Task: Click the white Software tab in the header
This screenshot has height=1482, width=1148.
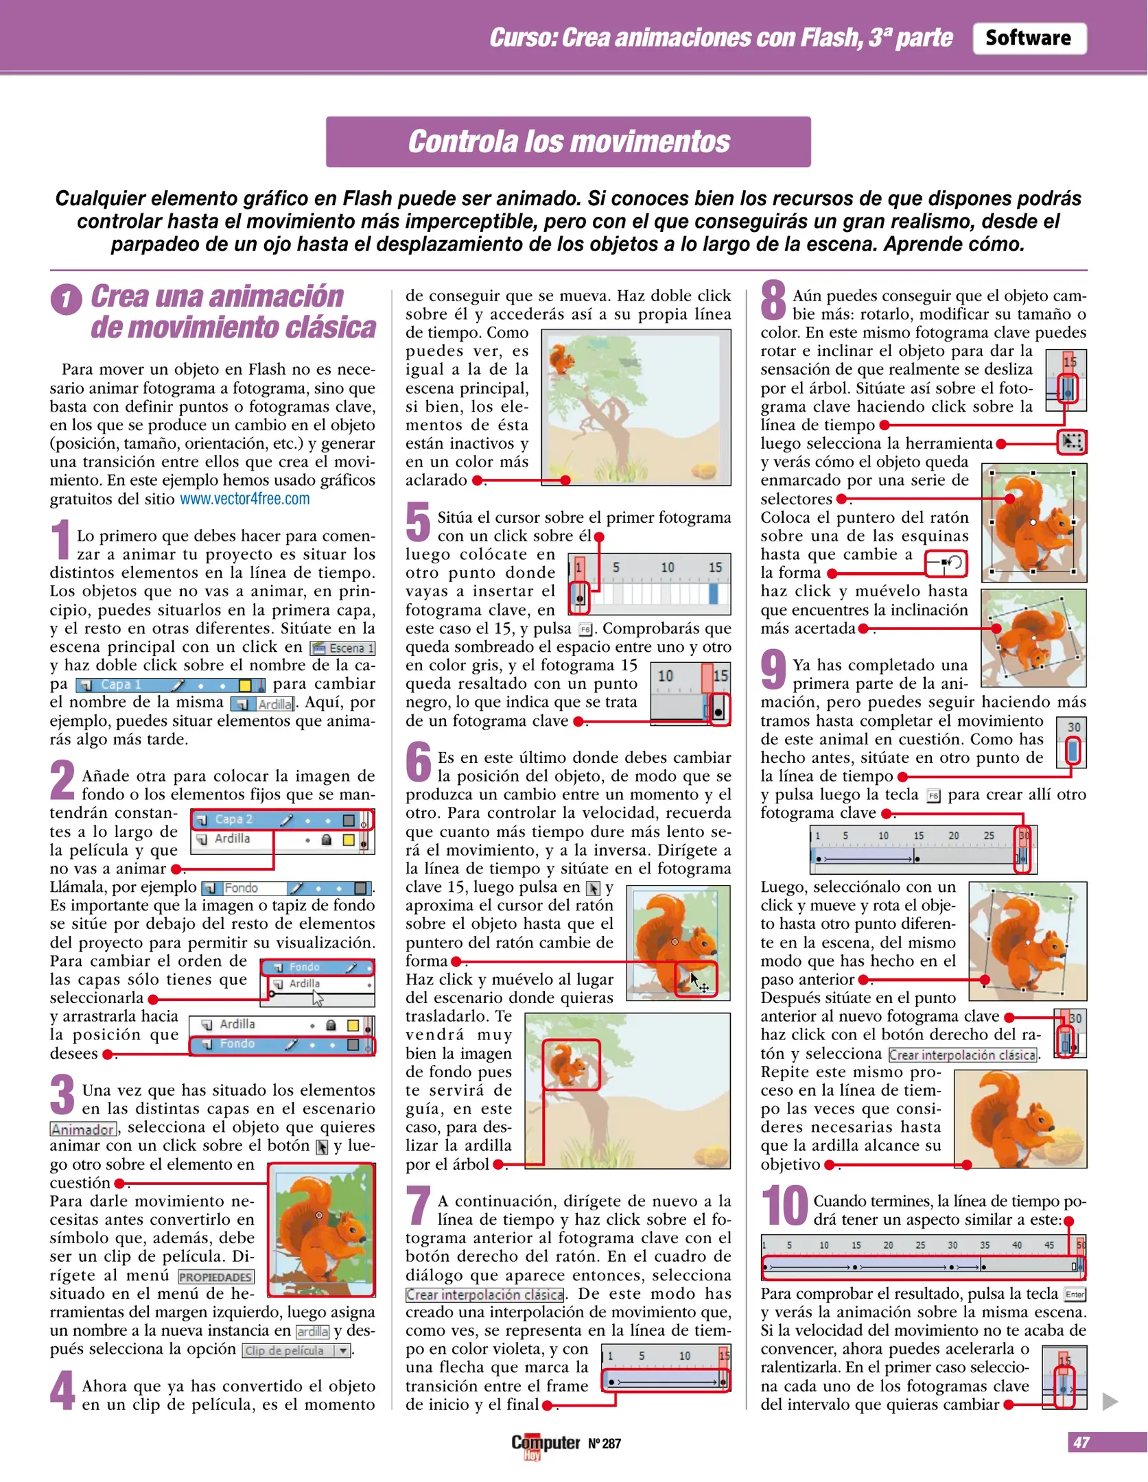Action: [x=1028, y=38]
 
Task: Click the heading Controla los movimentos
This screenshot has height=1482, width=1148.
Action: [x=568, y=142]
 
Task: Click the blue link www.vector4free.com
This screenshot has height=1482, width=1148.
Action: [x=244, y=499]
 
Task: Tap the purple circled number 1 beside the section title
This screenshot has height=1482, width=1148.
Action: [x=66, y=299]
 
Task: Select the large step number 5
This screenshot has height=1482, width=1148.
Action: [x=418, y=522]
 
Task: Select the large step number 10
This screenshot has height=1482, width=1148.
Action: [x=784, y=1205]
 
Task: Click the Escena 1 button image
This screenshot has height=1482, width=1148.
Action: [x=342, y=648]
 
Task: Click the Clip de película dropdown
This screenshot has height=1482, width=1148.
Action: [x=296, y=1350]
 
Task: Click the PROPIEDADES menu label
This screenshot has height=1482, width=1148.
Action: [x=215, y=1277]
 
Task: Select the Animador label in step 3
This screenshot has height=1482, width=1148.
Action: [x=83, y=1129]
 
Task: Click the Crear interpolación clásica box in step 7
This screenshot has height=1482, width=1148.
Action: [x=484, y=1295]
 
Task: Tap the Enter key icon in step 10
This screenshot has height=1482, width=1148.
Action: [x=1075, y=1295]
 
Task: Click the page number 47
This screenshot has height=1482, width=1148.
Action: [x=1081, y=1442]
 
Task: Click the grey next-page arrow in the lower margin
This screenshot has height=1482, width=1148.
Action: [x=1110, y=1401]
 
